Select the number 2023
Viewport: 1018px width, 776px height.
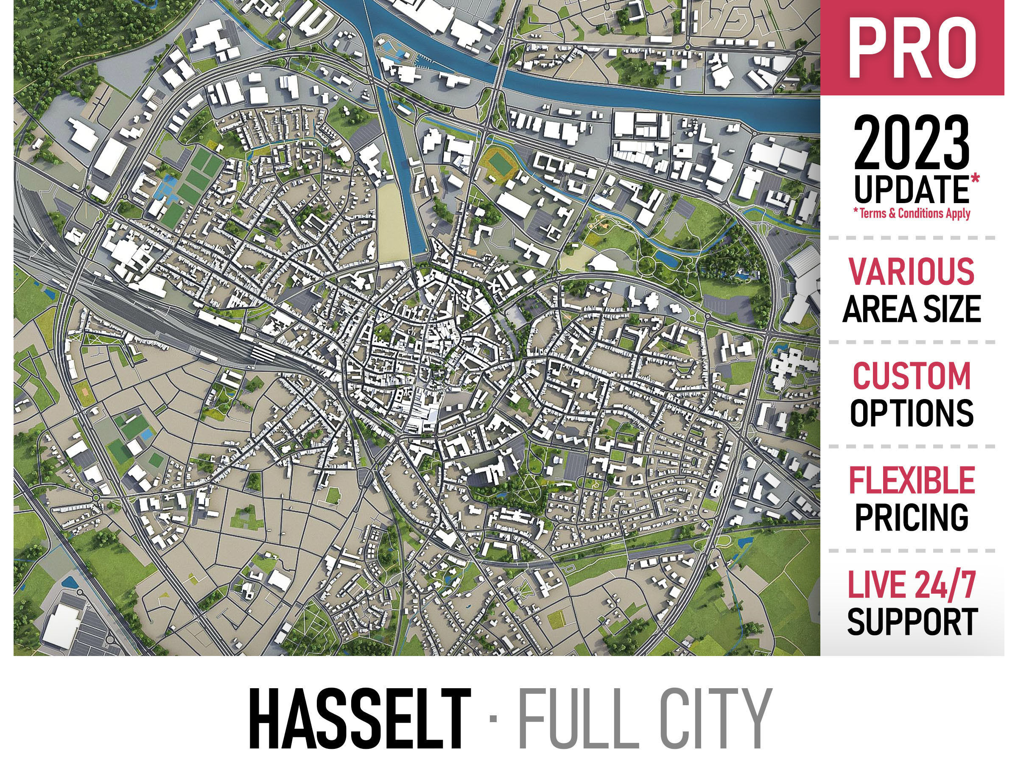(x=911, y=145)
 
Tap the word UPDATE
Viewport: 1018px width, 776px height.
(x=910, y=190)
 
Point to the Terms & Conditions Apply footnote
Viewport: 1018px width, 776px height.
(x=912, y=213)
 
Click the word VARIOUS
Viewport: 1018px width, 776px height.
(x=911, y=271)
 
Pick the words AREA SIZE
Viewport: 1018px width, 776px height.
(x=911, y=309)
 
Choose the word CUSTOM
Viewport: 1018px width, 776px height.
(x=911, y=376)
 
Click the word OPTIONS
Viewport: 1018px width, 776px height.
(x=911, y=413)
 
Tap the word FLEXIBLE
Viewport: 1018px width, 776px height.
(x=911, y=480)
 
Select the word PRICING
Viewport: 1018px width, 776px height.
(x=911, y=517)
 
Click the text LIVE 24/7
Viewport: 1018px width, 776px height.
(x=911, y=585)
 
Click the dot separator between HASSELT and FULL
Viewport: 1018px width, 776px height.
(x=493, y=719)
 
